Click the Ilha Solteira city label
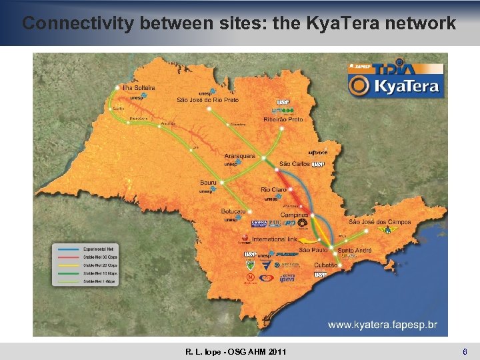pyautogui.click(x=139, y=87)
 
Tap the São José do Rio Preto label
pyautogui.click(x=207, y=100)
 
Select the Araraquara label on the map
pyautogui.click(x=239, y=156)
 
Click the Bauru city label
pyautogui.click(x=209, y=181)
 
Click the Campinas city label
pyautogui.click(x=295, y=215)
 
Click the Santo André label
pyautogui.click(x=355, y=250)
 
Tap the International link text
pyautogui.click(x=274, y=239)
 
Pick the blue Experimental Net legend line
pyautogui.click(x=67, y=247)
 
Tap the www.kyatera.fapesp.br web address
pyautogui.click(x=383, y=325)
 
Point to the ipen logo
pyautogui.click(x=287, y=278)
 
